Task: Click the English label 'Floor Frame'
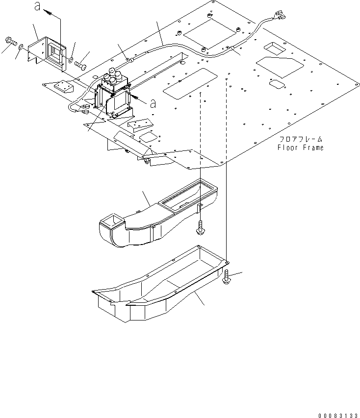click(301, 148)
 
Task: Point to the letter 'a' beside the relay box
click(153, 103)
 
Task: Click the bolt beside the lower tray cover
click(227, 277)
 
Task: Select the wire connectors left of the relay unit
click(87, 108)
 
